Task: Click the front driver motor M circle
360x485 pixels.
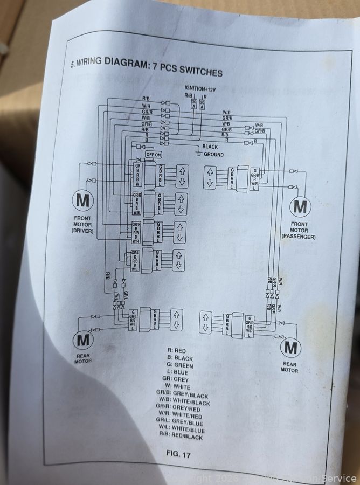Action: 83,200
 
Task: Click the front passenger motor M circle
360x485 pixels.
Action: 300,206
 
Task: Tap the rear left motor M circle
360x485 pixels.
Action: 82,341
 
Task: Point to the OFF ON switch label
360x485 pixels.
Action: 154,155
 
